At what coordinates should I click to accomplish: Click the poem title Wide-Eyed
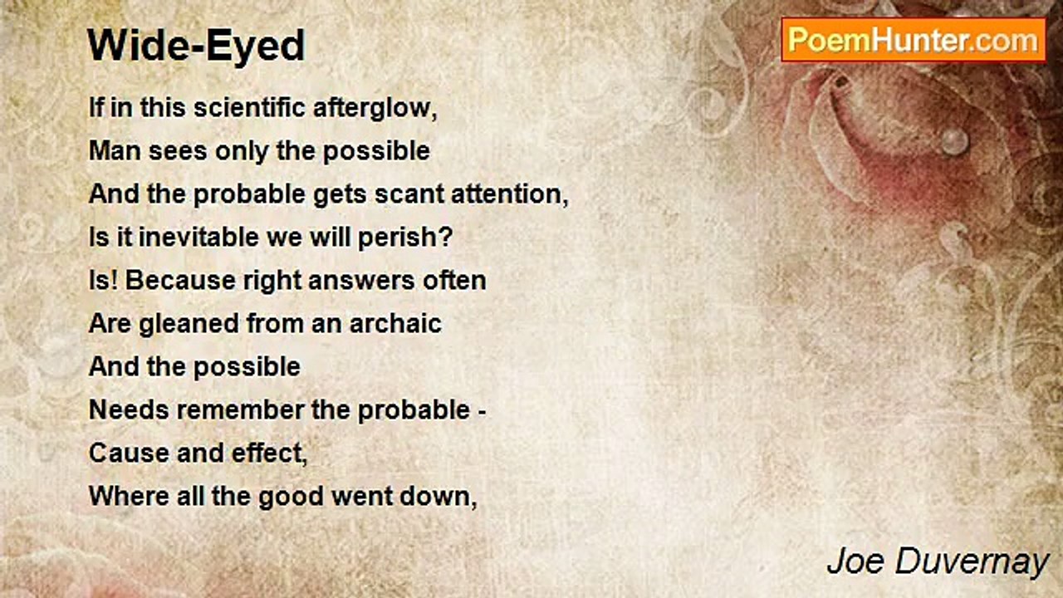click(196, 47)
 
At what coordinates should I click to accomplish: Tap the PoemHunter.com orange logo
click(914, 40)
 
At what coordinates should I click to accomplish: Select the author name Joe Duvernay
click(938, 562)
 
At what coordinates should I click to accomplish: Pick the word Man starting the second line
click(114, 151)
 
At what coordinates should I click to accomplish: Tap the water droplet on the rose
click(954, 140)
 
